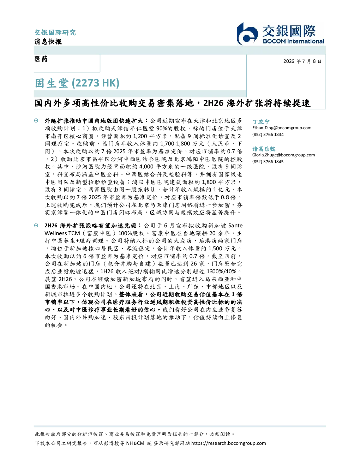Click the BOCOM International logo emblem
[x=247, y=34]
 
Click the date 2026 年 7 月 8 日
[x=302, y=61]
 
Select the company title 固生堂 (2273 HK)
[x=77, y=83]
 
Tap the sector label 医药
[x=41, y=59]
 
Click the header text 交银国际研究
[x=55, y=32]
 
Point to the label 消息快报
[x=48, y=41]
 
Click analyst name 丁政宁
[x=261, y=121]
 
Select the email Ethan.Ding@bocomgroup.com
[x=282, y=128]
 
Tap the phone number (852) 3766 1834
[x=268, y=135]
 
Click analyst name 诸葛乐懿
[x=264, y=149]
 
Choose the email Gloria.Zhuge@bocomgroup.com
[x=283, y=155]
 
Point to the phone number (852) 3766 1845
[x=268, y=161]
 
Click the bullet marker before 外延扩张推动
[x=36, y=121]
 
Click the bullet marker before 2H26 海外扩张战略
[x=36, y=225]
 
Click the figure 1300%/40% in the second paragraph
[x=221, y=271]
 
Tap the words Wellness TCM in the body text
[x=62, y=233]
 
